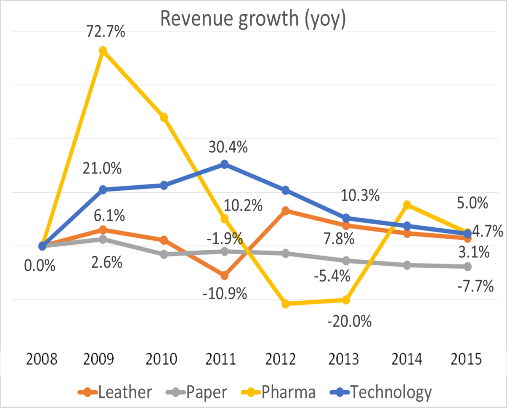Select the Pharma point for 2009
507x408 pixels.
pos(103,51)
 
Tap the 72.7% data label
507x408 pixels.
pos(103,32)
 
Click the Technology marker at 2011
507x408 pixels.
pos(224,164)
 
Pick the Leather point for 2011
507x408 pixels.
pos(224,276)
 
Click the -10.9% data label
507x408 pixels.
pos(225,293)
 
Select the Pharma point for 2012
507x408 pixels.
pos(285,304)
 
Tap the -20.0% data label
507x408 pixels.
pos(350,322)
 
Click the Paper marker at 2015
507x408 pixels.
pos(467,267)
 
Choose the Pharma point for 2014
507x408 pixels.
pos(407,205)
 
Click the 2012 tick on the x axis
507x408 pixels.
pos(285,360)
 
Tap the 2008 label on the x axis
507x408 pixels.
pos(42,360)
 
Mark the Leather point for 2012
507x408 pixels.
pos(285,211)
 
